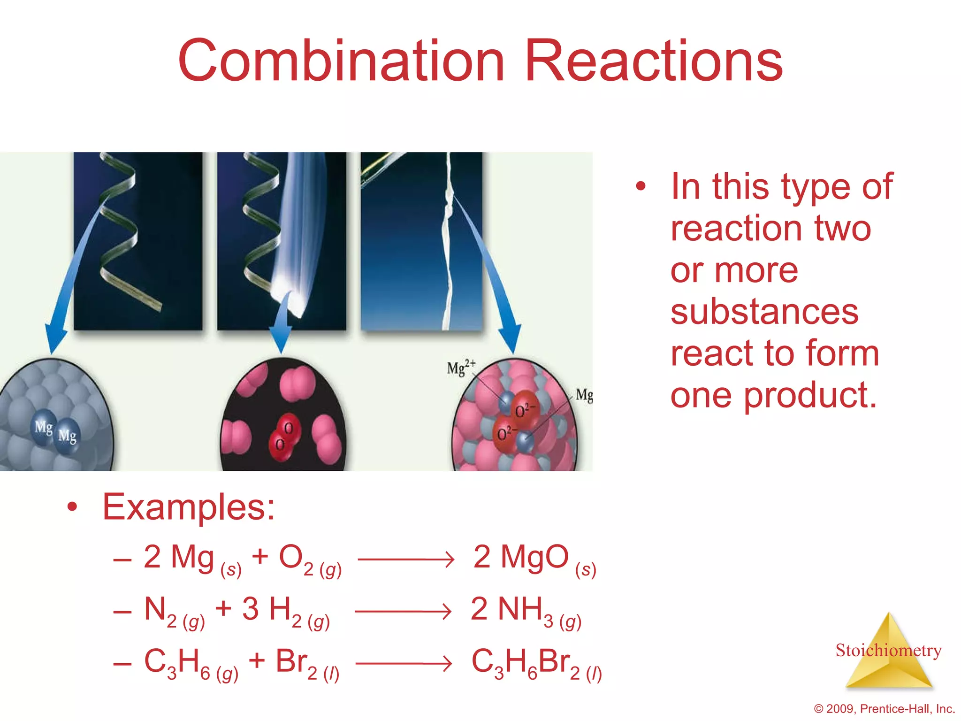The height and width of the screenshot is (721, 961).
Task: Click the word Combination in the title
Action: [x=341, y=61]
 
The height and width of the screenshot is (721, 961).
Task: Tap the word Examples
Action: [x=189, y=507]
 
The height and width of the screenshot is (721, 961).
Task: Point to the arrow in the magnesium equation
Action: [x=406, y=559]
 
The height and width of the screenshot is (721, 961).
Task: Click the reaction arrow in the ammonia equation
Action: [x=404, y=611]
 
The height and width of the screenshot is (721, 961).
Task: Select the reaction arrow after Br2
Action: [x=404, y=663]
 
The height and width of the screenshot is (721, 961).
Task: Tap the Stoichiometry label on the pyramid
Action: [x=888, y=650]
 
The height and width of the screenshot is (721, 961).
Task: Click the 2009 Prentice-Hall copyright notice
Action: [x=885, y=708]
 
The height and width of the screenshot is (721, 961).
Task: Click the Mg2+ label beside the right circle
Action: [x=461, y=368]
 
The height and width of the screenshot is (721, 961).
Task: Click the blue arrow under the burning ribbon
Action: [x=282, y=329]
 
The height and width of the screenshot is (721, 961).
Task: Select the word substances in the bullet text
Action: [x=764, y=312]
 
